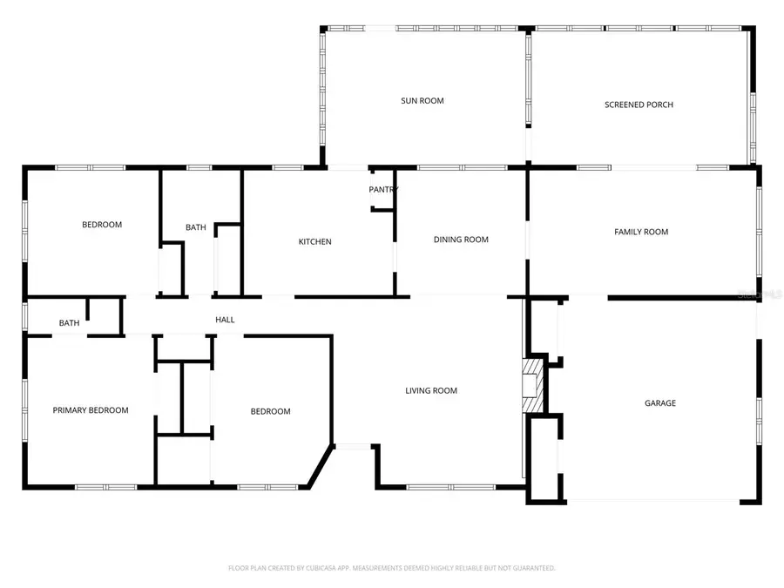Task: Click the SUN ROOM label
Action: pyautogui.click(x=422, y=101)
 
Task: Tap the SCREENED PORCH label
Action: pyautogui.click(x=639, y=105)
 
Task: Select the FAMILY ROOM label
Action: pyautogui.click(x=641, y=232)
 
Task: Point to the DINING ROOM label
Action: pyautogui.click(x=461, y=240)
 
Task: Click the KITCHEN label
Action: pyautogui.click(x=314, y=241)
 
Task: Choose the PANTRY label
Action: pyautogui.click(x=383, y=189)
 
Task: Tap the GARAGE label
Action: pyautogui.click(x=659, y=403)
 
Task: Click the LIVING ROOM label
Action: pyautogui.click(x=430, y=390)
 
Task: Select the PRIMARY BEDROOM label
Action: pyautogui.click(x=91, y=410)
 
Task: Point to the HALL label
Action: pyautogui.click(x=225, y=320)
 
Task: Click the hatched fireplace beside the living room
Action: pyautogui.click(x=530, y=384)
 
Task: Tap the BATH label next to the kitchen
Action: pyautogui.click(x=196, y=227)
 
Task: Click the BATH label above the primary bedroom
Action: pyautogui.click(x=69, y=323)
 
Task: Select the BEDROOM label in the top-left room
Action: pyautogui.click(x=102, y=225)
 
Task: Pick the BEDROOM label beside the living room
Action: pyautogui.click(x=270, y=411)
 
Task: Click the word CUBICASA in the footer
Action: pyautogui.click(x=316, y=568)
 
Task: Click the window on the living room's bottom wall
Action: pyautogui.click(x=440, y=486)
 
